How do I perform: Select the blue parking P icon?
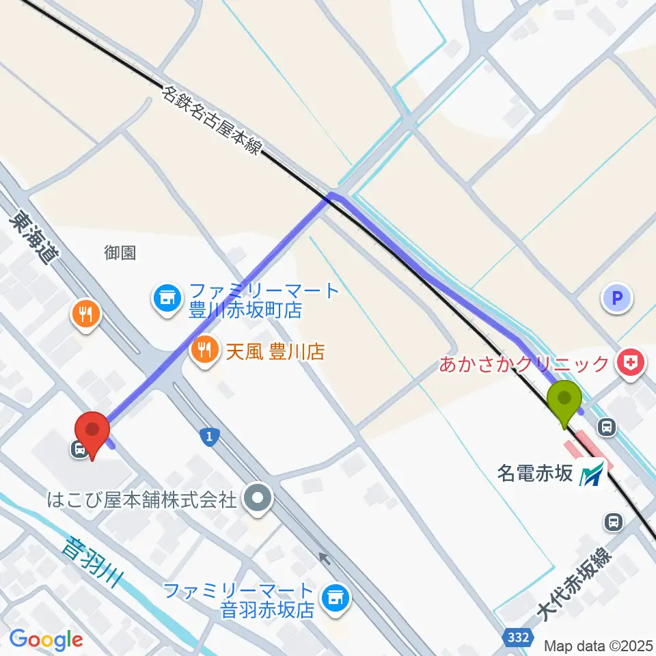pos(617,298)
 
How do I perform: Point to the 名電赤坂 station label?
pos(534,474)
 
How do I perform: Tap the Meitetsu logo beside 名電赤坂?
pos(592,474)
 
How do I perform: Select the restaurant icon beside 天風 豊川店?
pos(204,351)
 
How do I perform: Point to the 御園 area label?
pos(120,253)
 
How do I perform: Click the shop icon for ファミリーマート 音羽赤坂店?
pos(336,599)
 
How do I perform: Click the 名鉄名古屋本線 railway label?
pos(213,119)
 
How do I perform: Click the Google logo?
pos(46,640)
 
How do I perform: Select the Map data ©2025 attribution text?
pos(599,644)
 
